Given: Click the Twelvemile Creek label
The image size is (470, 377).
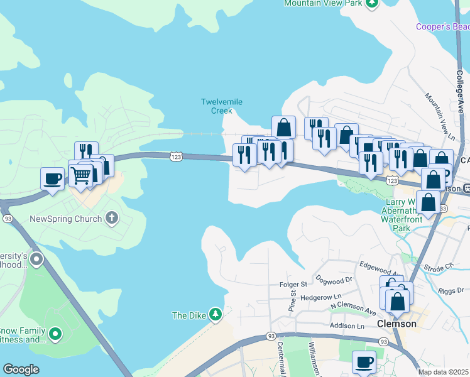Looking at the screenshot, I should [x=221, y=106].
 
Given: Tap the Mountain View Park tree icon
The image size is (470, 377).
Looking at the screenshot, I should [x=373, y=3].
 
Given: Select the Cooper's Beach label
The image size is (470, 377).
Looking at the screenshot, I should [x=443, y=26].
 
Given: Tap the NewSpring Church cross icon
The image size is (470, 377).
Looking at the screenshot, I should [x=111, y=219].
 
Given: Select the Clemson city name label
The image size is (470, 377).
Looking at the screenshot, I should [x=396, y=324].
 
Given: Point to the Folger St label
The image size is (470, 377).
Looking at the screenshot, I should [x=293, y=285].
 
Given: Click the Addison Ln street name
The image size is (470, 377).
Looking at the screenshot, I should [x=347, y=327].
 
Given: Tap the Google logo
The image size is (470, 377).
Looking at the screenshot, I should [x=21, y=369].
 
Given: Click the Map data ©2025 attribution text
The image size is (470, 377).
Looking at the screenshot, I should [x=444, y=372].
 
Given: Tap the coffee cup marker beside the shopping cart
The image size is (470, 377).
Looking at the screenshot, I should [x=52, y=178].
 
